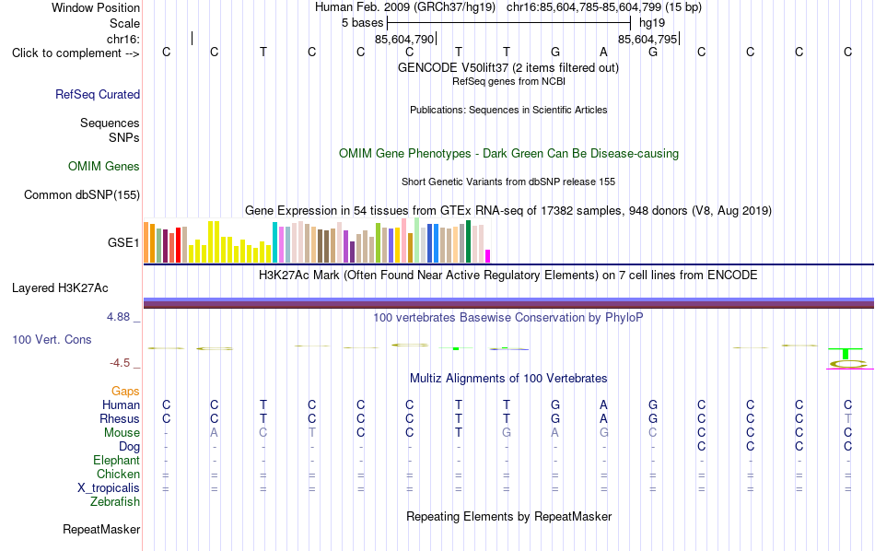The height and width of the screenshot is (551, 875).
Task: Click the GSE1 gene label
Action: tap(123, 242)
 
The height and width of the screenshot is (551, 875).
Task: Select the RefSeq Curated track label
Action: tap(98, 94)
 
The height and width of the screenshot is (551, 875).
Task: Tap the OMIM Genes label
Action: tap(104, 167)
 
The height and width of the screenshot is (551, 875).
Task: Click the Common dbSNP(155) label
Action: tap(82, 194)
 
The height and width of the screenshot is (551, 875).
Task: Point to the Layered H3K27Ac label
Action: tap(60, 288)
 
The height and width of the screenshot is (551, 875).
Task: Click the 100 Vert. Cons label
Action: tap(52, 339)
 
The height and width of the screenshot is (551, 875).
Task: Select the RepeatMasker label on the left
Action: tap(101, 529)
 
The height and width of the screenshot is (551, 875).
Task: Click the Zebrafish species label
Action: tap(115, 501)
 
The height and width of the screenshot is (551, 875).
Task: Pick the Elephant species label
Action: tap(117, 460)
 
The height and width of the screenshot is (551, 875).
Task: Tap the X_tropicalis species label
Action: tap(109, 488)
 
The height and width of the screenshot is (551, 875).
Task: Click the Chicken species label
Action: tap(118, 474)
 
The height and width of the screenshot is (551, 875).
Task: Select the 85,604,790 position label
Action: tap(404, 39)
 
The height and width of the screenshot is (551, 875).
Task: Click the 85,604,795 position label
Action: tap(647, 39)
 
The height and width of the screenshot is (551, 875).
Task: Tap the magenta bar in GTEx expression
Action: tap(488, 256)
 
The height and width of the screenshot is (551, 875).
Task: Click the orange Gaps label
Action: tap(125, 391)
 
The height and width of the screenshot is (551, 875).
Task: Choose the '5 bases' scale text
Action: tap(363, 23)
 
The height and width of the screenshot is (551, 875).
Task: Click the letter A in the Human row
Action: tap(604, 404)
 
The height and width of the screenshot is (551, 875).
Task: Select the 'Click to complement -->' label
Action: tap(76, 53)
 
